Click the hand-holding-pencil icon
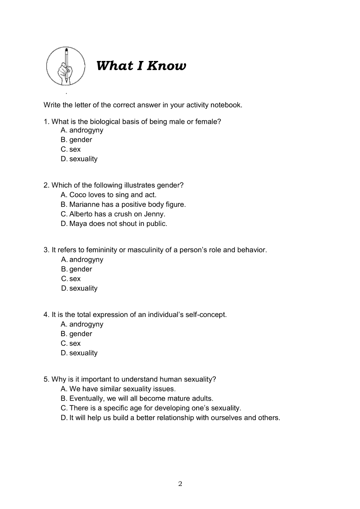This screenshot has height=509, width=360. click(x=66, y=66)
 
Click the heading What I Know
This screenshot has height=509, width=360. click(x=141, y=66)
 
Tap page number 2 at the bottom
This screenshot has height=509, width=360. click(x=180, y=484)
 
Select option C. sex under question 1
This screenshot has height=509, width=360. click(x=71, y=149)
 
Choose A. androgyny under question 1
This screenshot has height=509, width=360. click(x=82, y=130)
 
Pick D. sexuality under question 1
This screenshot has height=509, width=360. click(x=79, y=159)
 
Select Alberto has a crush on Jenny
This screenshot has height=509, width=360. click(x=113, y=214)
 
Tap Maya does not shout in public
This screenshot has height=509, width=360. click(x=114, y=223)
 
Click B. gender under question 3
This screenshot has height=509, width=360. click(x=77, y=269)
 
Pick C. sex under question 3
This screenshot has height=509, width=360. click(x=71, y=279)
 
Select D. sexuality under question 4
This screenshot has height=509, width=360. click(x=79, y=353)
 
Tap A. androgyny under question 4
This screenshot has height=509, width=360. click(x=82, y=324)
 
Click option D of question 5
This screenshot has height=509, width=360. click(x=170, y=418)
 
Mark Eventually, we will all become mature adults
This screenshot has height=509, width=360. click(x=137, y=398)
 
